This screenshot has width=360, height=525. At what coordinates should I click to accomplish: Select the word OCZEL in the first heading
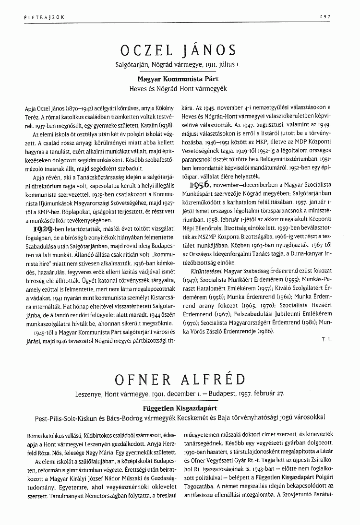[146, 50]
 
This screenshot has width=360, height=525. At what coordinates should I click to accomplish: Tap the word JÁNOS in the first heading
[210, 50]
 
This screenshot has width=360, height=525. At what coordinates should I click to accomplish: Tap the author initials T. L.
[326, 339]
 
